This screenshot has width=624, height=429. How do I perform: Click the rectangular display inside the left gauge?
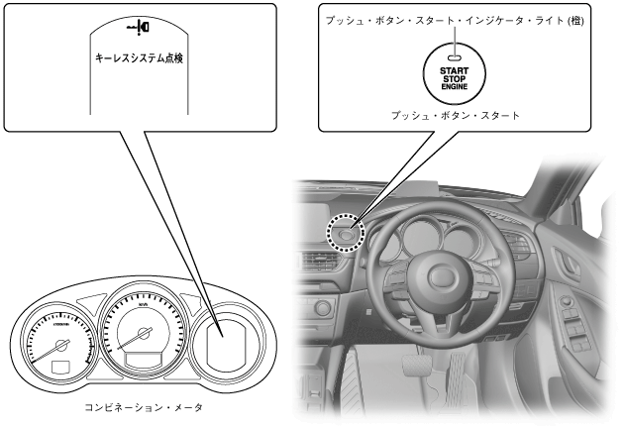click(x=58, y=369)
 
